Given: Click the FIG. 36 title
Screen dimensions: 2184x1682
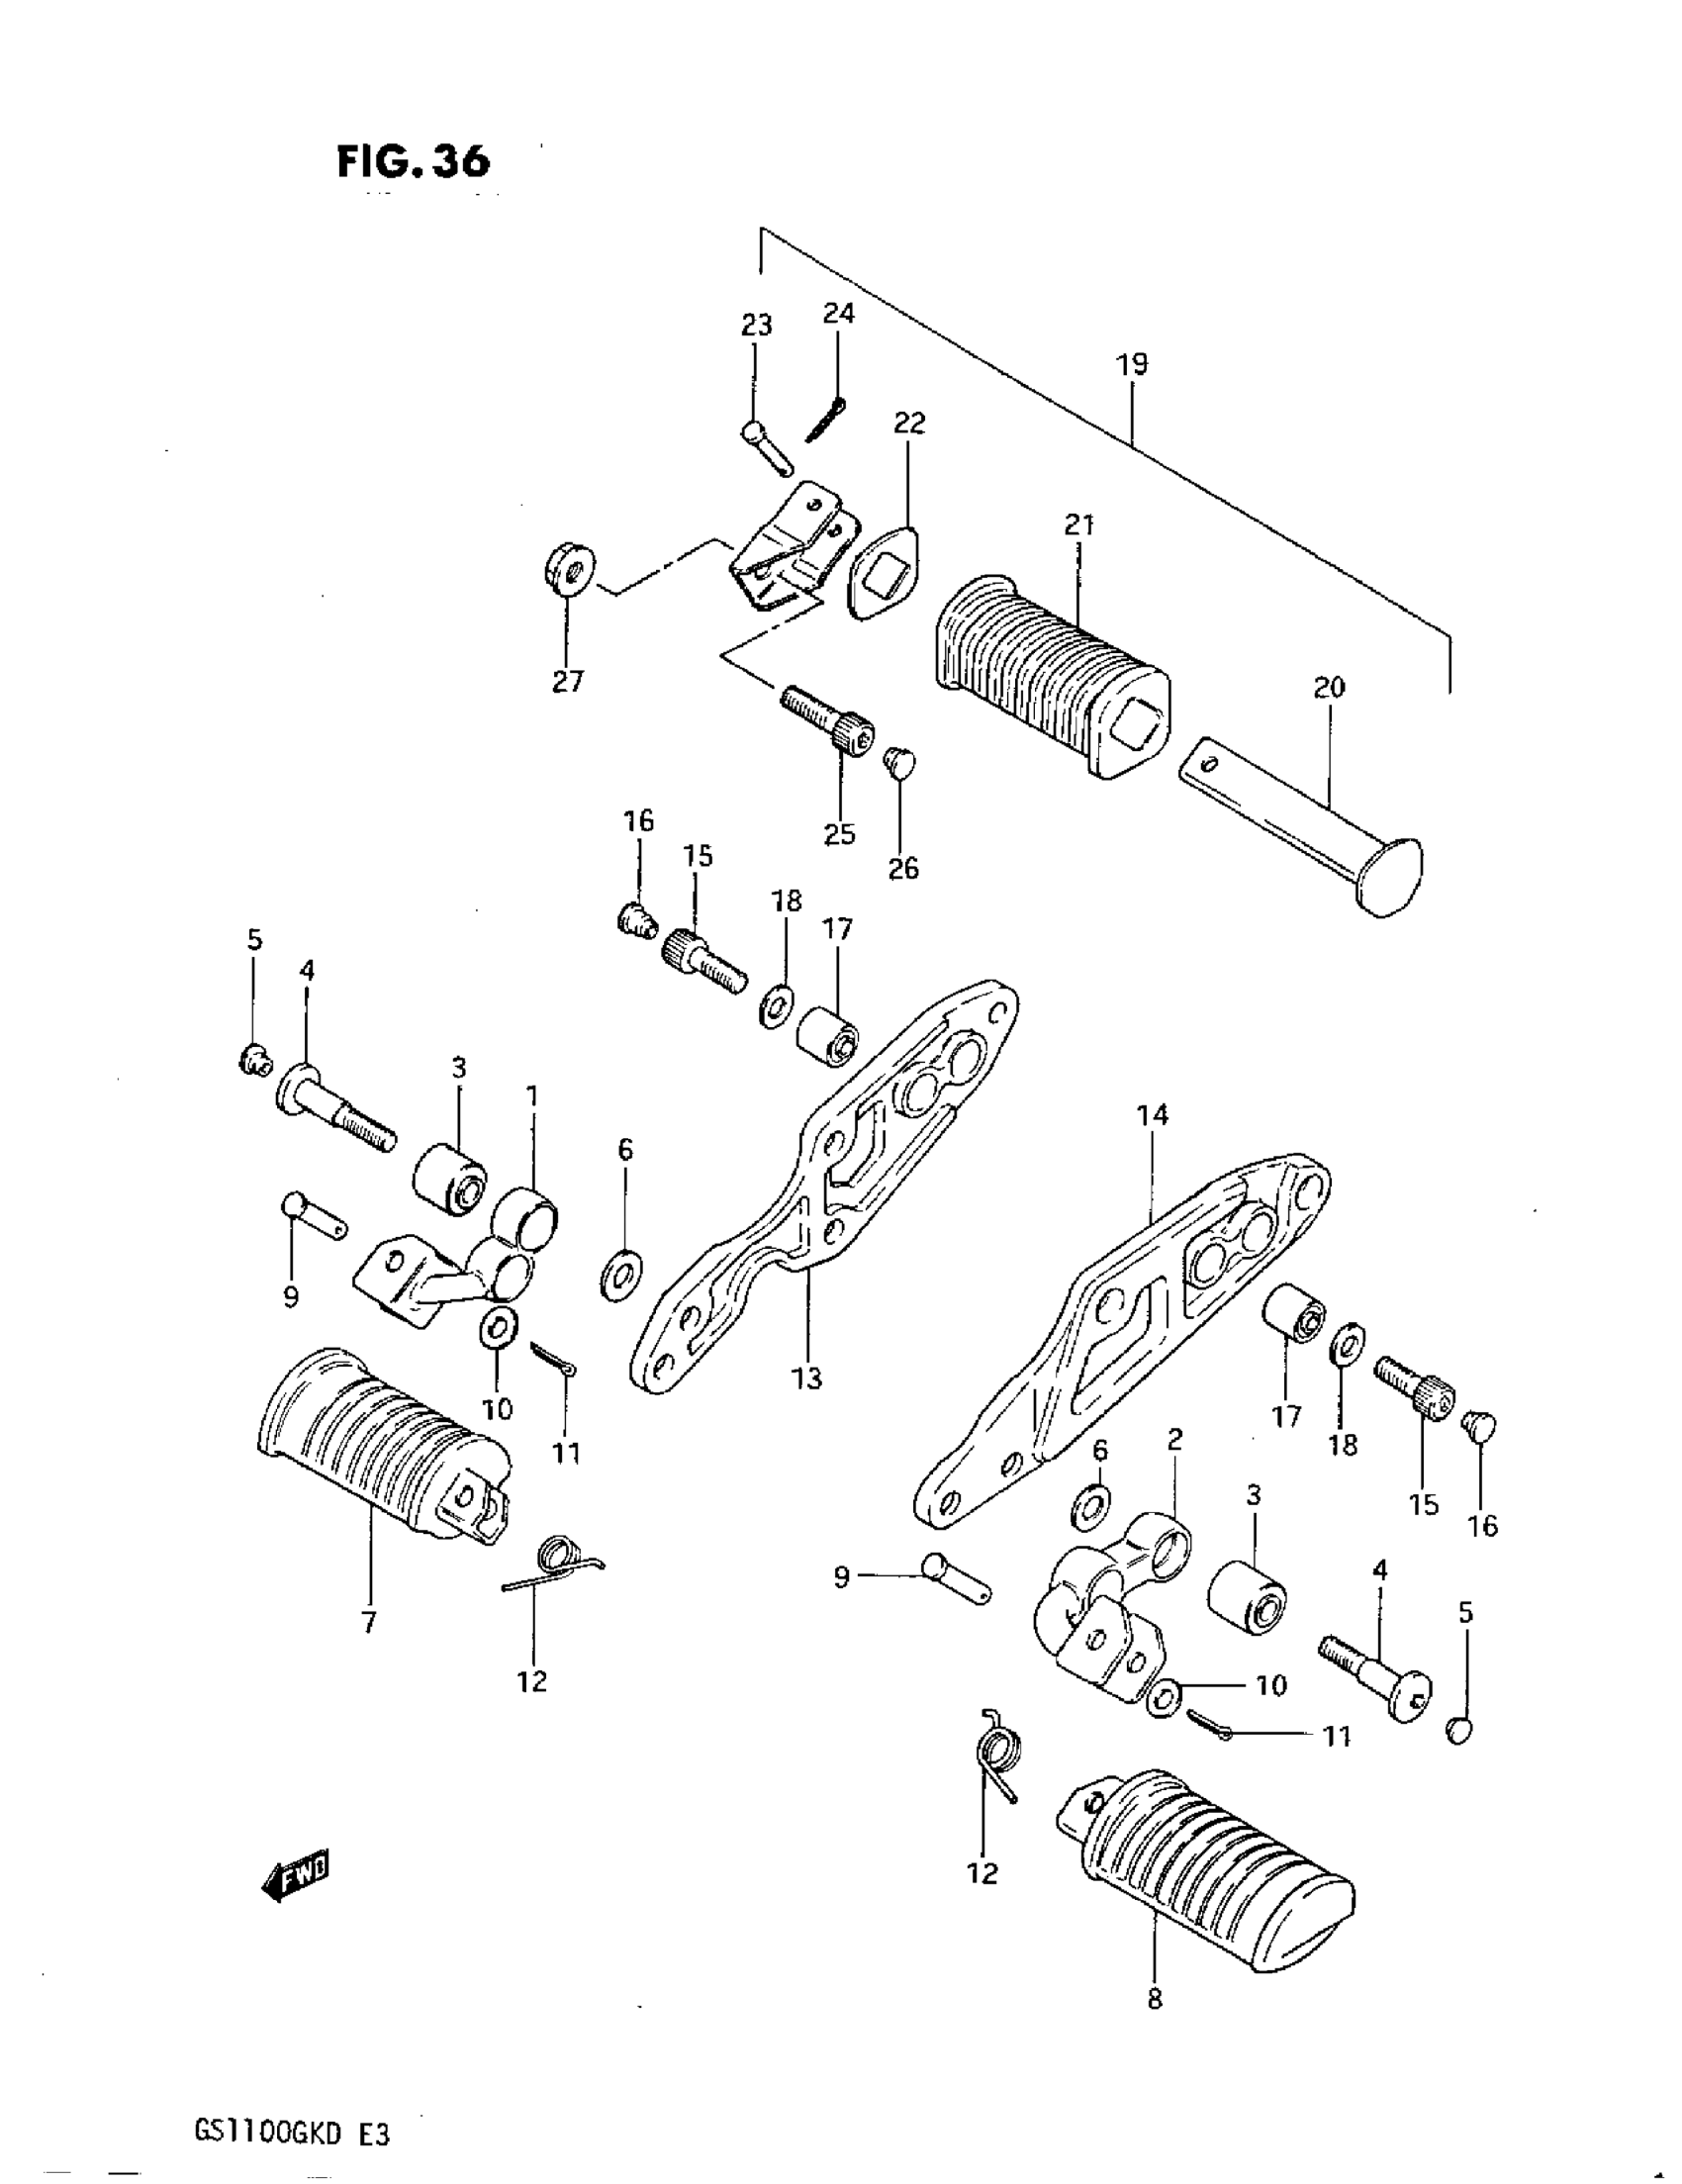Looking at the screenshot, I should click(x=414, y=161).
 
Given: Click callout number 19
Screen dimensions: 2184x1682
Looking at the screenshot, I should click(x=1132, y=364).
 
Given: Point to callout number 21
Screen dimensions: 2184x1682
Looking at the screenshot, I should click(x=1079, y=523).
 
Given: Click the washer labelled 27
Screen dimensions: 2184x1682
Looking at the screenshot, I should click(x=568, y=569).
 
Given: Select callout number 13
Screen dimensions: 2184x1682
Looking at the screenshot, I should click(x=806, y=1378).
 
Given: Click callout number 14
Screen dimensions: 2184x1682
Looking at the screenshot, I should click(x=1152, y=1114).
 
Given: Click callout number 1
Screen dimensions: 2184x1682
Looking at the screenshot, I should click(x=532, y=1097).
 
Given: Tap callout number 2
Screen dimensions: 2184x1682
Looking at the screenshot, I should click(x=1175, y=1439).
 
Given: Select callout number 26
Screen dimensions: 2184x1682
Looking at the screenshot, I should click(x=903, y=868).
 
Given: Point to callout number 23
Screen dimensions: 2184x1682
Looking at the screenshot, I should click(x=756, y=325).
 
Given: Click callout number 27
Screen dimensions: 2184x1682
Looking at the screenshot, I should click(x=568, y=682).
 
